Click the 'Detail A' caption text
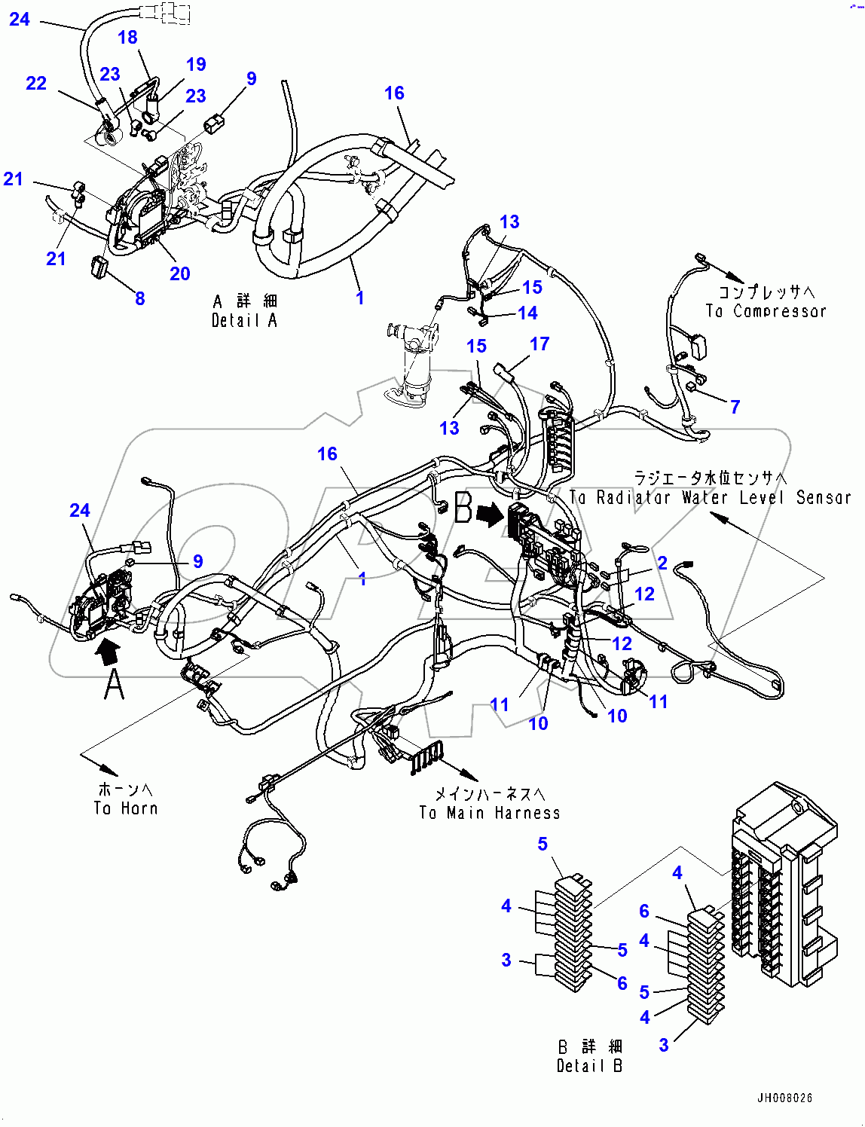click(244, 321)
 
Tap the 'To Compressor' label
click(766, 311)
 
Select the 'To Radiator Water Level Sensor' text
click(710, 497)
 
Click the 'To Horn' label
click(126, 808)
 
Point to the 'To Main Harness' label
click(490, 813)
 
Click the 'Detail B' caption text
click(589, 1066)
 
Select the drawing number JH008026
click(784, 1098)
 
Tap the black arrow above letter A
click(109, 649)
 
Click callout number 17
click(539, 344)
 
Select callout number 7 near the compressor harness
click(735, 407)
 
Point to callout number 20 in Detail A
click(179, 273)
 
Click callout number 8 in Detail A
click(139, 298)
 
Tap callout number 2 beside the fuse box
click(662, 563)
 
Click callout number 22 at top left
click(36, 83)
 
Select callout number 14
click(527, 313)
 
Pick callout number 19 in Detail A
click(196, 65)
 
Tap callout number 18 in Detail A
click(127, 37)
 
